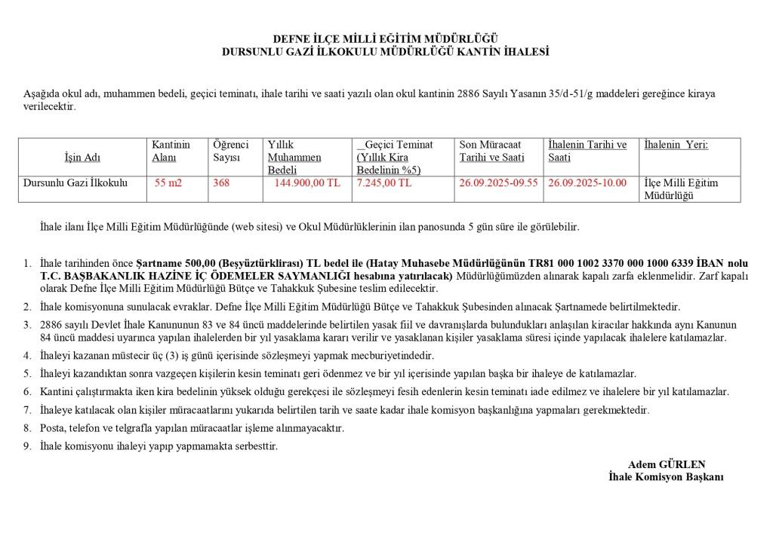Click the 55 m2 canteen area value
[168, 183]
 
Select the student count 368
[221, 183]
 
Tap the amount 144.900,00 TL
[307, 183]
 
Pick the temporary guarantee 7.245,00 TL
[384, 183]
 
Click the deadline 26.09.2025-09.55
[498, 183]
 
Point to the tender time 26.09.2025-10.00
[587, 183]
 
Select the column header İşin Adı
[82, 158]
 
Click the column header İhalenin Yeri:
[676, 145]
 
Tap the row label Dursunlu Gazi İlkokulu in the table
[75, 183]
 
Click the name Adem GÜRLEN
[666, 464]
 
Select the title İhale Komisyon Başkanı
[666, 477]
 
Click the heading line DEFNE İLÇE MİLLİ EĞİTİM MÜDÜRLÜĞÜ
[385, 39]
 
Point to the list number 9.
[26, 446]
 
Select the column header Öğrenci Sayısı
[230, 151]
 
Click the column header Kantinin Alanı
[171, 151]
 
